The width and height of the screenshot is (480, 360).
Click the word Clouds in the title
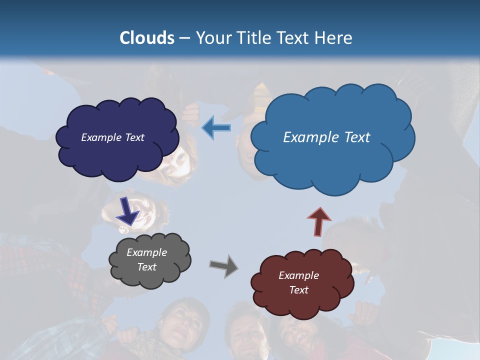pos(147,38)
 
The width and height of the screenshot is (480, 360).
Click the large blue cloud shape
pos(332,160)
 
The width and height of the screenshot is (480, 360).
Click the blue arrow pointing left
pos(216,128)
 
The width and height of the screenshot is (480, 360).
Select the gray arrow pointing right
pos(224,265)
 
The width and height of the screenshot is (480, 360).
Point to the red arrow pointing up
pos(318,220)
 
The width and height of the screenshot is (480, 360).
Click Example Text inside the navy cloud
pos(112,137)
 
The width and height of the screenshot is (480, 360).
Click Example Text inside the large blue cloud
pos(326,137)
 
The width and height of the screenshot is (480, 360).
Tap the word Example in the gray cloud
pos(146,252)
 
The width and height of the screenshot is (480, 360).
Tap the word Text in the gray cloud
pos(146,267)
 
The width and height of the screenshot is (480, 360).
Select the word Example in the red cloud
pos(298,275)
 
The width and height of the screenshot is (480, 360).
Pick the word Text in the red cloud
pos(298,290)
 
